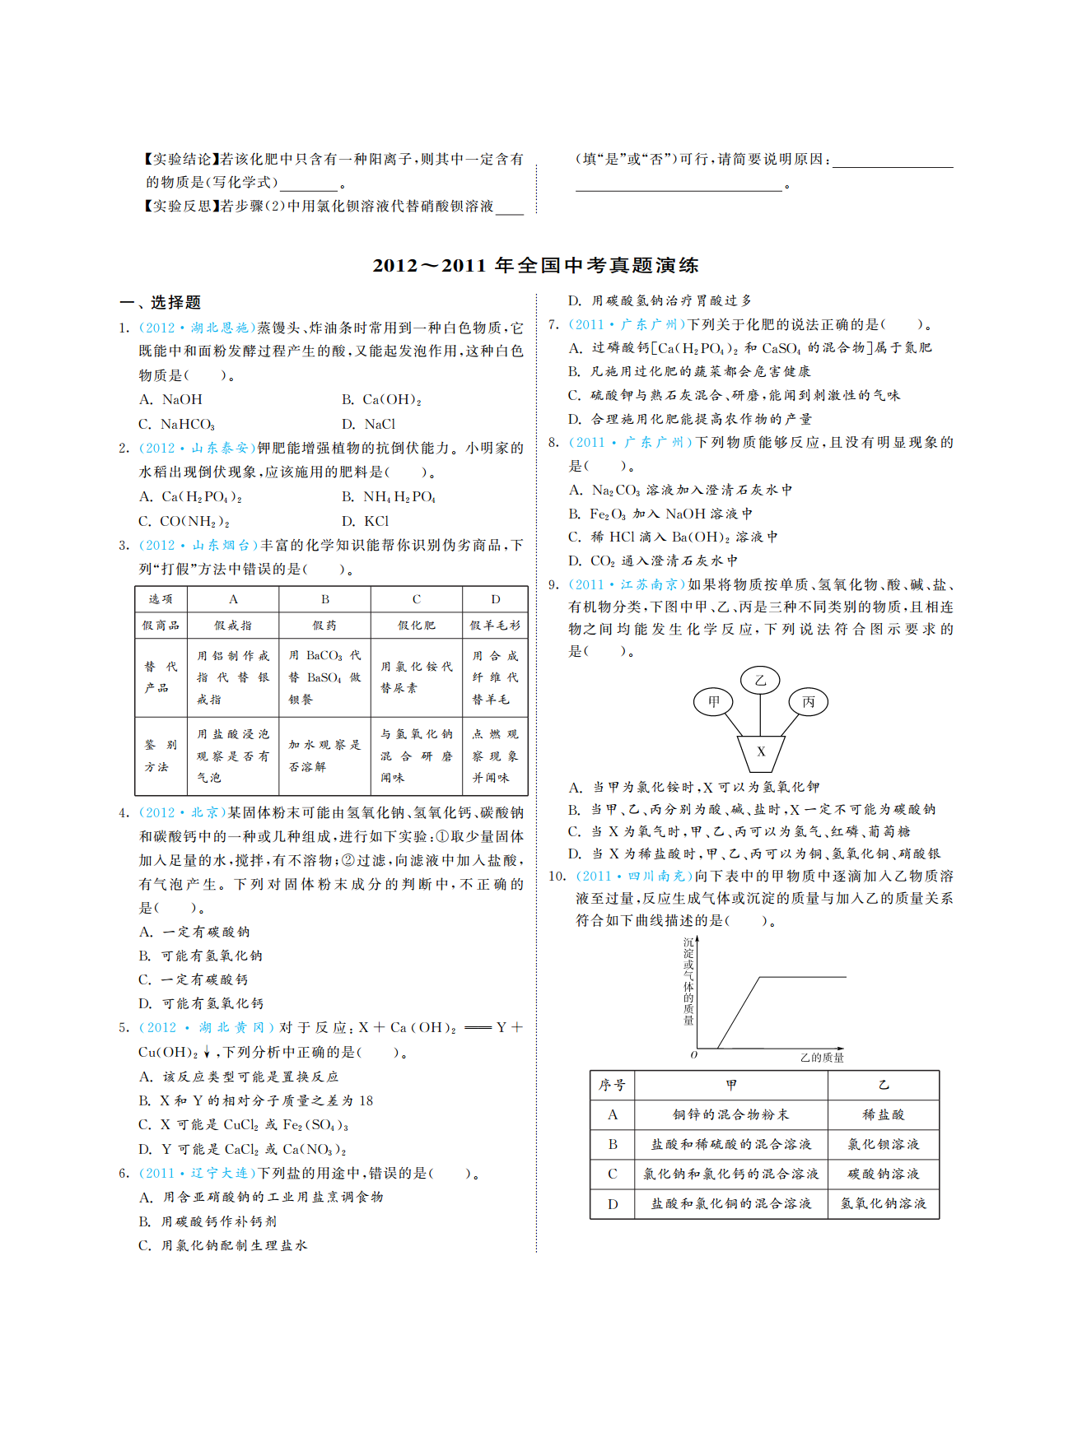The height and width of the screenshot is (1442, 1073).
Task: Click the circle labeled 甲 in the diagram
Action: tap(714, 702)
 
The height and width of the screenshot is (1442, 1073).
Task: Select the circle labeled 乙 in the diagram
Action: tap(760, 680)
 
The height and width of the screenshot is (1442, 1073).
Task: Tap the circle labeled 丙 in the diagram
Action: tap(808, 702)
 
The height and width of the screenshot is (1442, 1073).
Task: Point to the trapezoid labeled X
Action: tap(761, 751)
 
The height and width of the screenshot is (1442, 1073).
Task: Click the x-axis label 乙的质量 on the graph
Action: tap(821, 1058)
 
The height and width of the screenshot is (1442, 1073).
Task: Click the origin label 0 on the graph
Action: tap(694, 1055)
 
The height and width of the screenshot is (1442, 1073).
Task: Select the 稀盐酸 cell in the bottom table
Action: tap(883, 1114)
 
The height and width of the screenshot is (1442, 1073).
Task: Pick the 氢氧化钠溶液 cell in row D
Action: tap(883, 1203)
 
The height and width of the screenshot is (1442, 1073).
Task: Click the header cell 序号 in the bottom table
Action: tap(612, 1085)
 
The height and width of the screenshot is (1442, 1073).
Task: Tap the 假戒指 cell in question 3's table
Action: tap(233, 626)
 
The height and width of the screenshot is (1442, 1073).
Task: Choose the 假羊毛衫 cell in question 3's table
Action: tap(495, 626)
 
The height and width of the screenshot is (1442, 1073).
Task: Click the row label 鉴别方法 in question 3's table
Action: tap(160, 756)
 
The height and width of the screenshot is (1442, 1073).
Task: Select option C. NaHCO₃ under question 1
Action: tap(177, 425)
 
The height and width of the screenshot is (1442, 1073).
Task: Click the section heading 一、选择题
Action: tap(161, 303)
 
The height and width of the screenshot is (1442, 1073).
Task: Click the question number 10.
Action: tap(557, 877)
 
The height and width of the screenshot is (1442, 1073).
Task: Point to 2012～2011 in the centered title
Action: tap(429, 266)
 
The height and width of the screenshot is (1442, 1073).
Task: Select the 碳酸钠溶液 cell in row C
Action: tap(883, 1174)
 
